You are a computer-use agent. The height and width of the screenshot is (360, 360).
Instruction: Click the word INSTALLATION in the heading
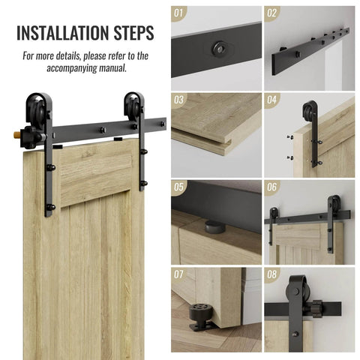click(62, 33)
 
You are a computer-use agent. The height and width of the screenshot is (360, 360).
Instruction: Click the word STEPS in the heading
click(133, 33)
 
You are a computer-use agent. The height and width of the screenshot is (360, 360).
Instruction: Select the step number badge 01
click(179, 13)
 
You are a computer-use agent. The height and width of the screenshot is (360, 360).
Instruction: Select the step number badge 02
click(271, 13)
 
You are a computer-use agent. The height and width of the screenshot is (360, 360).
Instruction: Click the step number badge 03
click(179, 99)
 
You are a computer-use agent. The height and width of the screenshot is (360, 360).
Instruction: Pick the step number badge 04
click(271, 99)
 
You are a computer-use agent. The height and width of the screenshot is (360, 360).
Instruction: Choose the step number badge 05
click(179, 186)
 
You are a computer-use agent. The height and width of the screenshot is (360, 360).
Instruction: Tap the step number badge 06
click(271, 186)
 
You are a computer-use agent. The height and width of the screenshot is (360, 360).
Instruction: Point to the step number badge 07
click(179, 274)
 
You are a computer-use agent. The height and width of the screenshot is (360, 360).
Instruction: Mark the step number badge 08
click(271, 274)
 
